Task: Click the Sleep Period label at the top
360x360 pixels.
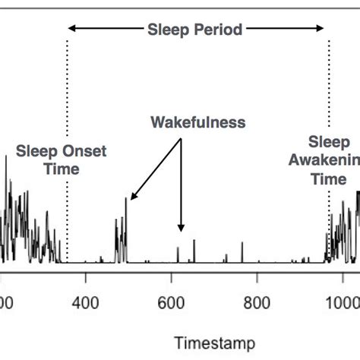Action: [195, 30]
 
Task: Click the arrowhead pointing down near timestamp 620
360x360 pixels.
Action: [181, 227]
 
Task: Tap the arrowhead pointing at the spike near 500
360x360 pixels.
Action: [132, 197]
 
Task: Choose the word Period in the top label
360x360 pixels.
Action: [219, 30]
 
